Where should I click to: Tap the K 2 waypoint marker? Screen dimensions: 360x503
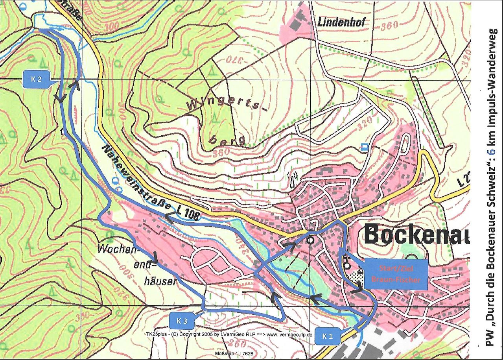point(36,79)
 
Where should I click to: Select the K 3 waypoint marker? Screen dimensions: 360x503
point(181,321)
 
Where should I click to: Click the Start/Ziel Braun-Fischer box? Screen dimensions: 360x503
point(394,274)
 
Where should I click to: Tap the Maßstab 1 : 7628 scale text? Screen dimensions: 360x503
point(234,353)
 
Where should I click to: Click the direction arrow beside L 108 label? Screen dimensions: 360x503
point(170,217)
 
